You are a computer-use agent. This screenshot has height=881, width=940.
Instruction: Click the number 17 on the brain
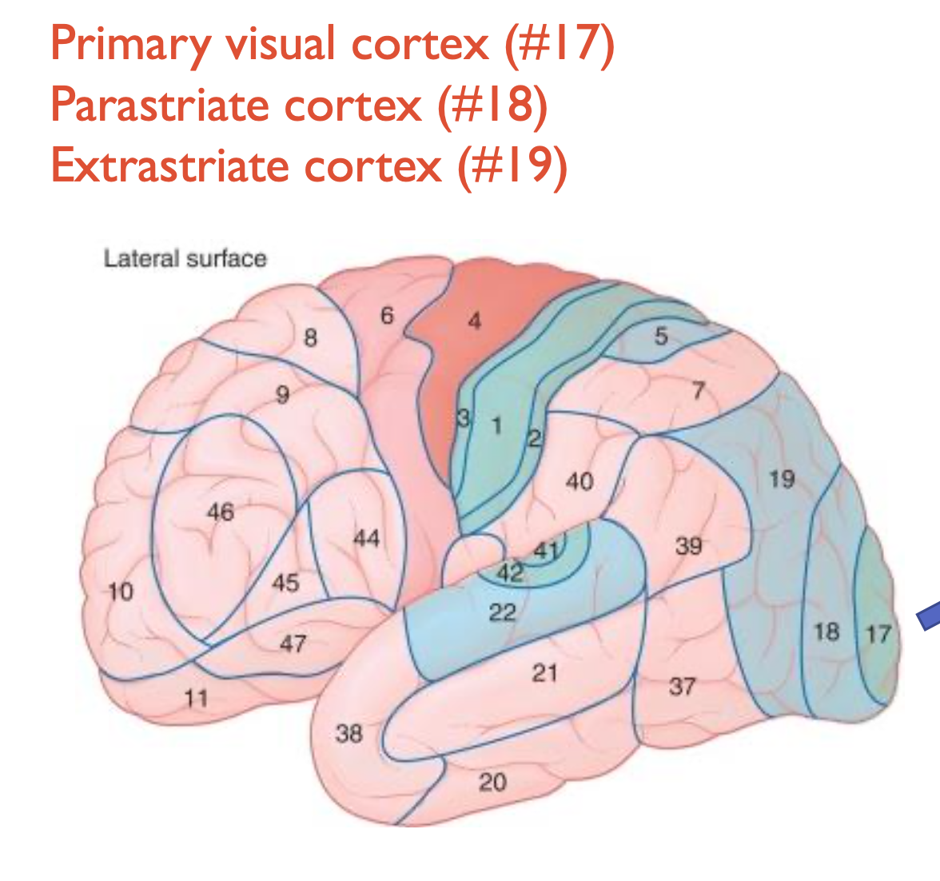click(878, 634)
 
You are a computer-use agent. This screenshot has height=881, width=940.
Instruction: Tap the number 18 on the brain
click(826, 632)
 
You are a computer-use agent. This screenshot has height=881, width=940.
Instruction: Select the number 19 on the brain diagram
click(782, 479)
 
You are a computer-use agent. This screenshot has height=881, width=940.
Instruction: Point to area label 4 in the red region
click(475, 321)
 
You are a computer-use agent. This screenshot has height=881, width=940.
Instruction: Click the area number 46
click(220, 511)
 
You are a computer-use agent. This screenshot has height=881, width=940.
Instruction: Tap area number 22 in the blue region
click(502, 612)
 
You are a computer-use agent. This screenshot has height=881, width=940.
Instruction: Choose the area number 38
click(349, 732)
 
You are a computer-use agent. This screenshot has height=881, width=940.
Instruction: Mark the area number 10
click(121, 592)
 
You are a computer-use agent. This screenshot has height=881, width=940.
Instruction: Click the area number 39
click(688, 546)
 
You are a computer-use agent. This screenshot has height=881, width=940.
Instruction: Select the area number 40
click(580, 481)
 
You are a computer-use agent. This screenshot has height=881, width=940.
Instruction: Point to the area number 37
click(682, 685)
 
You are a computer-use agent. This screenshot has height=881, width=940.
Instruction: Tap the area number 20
click(492, 782)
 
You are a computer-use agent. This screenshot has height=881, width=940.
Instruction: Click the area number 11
click(196, 698)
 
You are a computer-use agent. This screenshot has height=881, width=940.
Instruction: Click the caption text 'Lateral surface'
click(185, 258)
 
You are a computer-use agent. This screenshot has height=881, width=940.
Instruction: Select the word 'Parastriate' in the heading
click(156, 105)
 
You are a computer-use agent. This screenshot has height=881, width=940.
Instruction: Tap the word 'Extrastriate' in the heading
click(159, 165)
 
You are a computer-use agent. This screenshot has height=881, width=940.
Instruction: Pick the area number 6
click(387, 316)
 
